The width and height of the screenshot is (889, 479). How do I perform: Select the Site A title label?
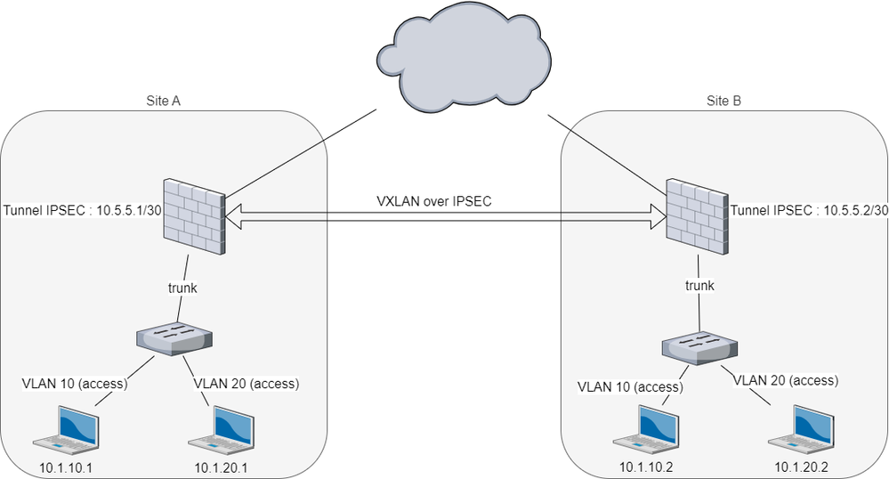pos(163,101)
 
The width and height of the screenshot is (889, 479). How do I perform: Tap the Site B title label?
pos(723,101)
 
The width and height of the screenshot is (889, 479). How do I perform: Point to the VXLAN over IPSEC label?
pos(432,202)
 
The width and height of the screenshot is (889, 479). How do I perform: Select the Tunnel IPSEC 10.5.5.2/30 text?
pos(808,210)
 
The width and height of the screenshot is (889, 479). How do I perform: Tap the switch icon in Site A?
pos(174,337)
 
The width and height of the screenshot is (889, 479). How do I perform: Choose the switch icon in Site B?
pos(700,348)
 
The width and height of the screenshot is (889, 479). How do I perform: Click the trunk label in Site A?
pos(184,288)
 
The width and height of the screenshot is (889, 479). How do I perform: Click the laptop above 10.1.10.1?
pos(64,428)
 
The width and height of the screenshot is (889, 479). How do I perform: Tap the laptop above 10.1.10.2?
pos(650,428)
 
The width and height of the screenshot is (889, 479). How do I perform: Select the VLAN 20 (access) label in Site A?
pos(246,385)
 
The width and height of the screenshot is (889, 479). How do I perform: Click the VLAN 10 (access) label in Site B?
pos(630,387)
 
